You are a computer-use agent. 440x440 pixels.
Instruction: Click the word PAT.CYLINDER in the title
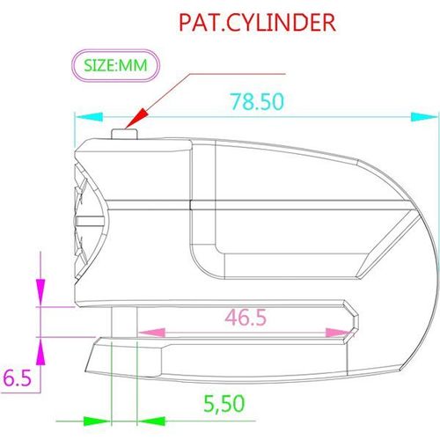257,22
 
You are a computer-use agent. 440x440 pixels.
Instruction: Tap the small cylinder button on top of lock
126,133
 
